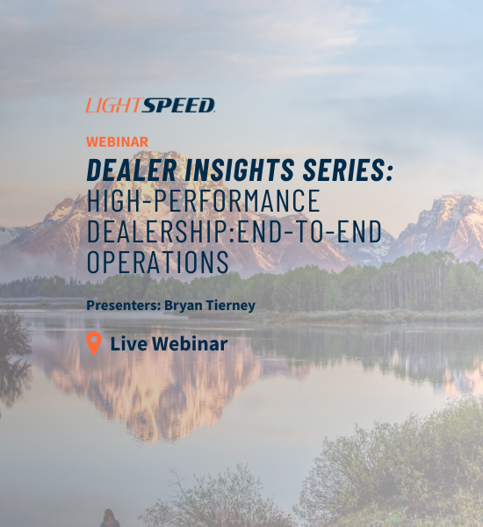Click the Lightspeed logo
point(150,105)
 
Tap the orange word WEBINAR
point(117,141)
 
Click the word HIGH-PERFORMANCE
point(203,201)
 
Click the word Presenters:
point(122,306)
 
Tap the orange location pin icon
point(94,343)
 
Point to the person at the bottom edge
point(110,518)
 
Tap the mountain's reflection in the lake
point(176,386)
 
